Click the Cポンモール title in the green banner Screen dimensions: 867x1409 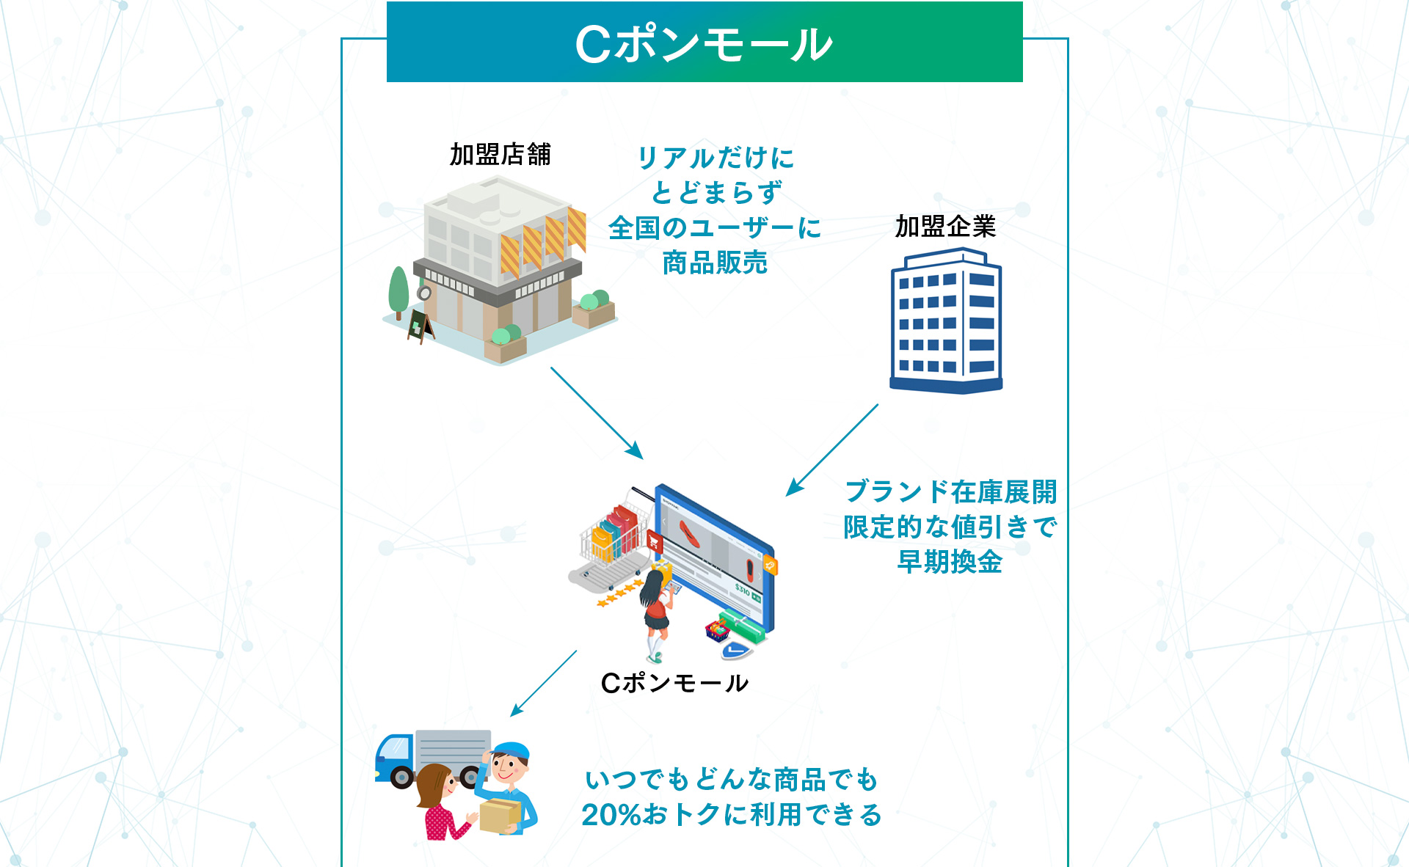tap(704, 44)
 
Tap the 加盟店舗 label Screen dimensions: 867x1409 tap(500, 155)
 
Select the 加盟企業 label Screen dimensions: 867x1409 tap(945, 227)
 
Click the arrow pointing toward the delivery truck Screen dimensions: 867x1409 tap(544, 683)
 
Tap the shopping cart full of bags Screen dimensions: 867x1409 tap(614, 539)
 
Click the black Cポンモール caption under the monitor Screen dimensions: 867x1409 tap(674, 684)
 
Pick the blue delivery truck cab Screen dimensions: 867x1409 tap(395, 756)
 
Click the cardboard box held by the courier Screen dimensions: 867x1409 tap(499, 813)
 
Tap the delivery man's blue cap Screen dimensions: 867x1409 tap(511, 751)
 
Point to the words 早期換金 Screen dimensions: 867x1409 tap(950, 562)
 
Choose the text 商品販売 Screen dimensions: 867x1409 tap(715, 263)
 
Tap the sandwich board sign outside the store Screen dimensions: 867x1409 tap(420, 326)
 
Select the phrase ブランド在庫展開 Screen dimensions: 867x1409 tap(951, 491)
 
